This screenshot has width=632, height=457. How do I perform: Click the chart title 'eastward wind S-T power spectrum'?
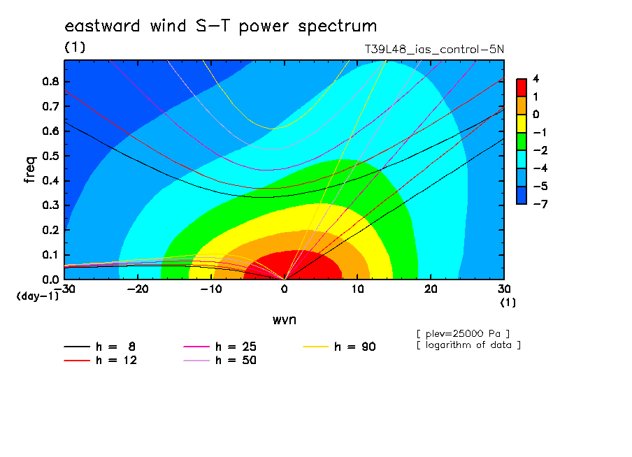point(220,26)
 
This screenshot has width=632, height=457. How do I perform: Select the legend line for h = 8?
point(77,347)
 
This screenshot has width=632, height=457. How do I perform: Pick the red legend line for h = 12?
point(77,361)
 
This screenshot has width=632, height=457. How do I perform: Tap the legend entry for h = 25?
point(220,347)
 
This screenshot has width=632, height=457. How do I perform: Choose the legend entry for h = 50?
point(220,361)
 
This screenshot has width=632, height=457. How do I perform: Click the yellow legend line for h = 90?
point(315,347)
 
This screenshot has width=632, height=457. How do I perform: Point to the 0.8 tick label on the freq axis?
point(50,81)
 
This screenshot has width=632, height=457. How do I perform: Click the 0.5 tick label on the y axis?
point(50,156)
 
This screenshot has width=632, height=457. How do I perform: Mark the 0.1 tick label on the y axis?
point(50,255)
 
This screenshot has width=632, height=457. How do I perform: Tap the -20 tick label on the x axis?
point(138,289)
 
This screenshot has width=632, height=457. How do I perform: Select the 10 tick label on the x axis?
point(357,289)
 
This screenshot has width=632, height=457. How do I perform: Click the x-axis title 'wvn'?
point(285,320)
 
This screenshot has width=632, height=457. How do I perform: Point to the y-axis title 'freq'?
point(30,170)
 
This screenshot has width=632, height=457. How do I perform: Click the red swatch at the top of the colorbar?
point(522,88)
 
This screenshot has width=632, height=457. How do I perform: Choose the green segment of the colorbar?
point(522,141)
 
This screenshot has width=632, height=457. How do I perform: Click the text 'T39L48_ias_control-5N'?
point(434,50)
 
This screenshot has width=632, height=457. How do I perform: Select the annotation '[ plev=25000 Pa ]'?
point(463,334)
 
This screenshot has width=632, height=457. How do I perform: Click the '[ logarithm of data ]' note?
point(469,345)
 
